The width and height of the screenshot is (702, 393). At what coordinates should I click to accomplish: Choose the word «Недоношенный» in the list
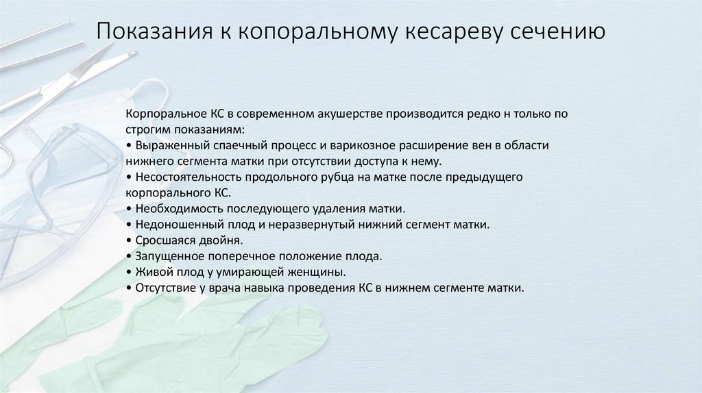pyautogui.click(x=173, y=225)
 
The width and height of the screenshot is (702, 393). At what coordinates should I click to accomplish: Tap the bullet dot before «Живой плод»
pyautogui.click(x=130, y=272)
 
